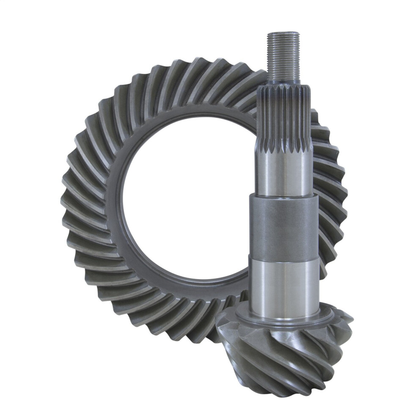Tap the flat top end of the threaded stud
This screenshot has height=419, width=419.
coord(283,32)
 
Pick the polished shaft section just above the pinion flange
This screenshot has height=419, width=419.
coord(283,284)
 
